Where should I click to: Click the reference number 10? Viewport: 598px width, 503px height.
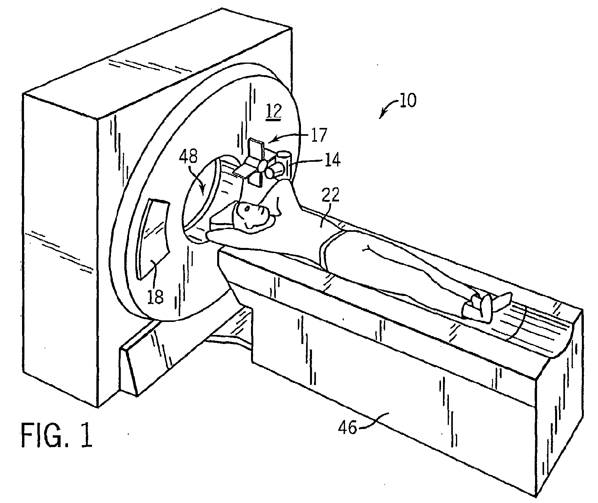pos(408,101)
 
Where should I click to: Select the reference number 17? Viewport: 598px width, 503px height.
pos(319,135)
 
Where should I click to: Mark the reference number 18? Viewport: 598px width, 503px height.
pos(155,296)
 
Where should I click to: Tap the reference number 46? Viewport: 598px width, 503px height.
pos(347,428)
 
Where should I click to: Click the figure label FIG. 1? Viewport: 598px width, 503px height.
pos(57,435)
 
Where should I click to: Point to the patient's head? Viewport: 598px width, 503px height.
pos(252,215)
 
